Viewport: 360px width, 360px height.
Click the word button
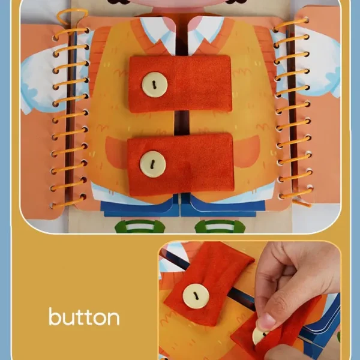[84, 317]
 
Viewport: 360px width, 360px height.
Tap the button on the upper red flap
[155, 85]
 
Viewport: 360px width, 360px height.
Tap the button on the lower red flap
[153, 164]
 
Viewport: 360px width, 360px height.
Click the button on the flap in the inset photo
[196, 296]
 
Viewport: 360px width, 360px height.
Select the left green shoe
[140, 226]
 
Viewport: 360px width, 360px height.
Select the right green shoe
[220, 226]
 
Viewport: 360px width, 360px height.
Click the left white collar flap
[158, 34]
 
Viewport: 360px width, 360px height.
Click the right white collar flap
[205, 34]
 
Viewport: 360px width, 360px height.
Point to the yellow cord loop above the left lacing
[71, 16]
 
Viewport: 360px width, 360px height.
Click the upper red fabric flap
[180, 84]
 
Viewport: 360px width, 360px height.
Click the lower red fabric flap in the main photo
[181, 165]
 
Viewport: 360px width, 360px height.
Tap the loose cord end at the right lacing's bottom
[301, 202]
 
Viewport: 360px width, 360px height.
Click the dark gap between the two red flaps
[181, 123]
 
